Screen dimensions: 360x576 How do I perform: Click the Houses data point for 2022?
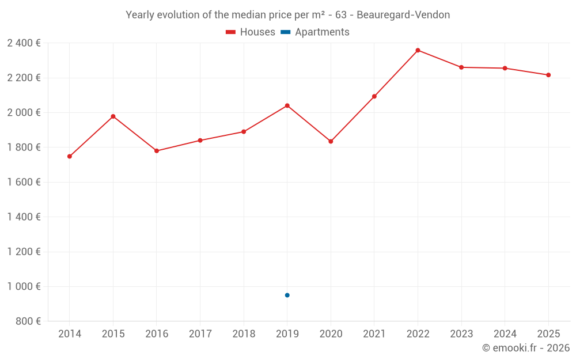[418, 50]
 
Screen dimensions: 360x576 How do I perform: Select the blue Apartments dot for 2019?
[287, 295]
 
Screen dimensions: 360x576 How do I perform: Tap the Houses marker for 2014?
[70, 156]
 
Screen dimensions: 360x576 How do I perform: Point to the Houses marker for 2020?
[331, 141]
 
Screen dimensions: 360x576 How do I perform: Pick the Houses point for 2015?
[113, 116]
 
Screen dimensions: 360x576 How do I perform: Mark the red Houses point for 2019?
[287, 105]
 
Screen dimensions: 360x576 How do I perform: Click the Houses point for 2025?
[548, 75]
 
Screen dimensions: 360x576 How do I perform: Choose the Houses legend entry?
[251, 32]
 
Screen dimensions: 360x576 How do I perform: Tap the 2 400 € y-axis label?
[24, 43]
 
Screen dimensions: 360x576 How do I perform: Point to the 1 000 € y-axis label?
[24, 286]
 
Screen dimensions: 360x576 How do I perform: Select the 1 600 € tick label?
[24, 182]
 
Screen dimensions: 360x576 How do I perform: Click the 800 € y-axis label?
[27, 321]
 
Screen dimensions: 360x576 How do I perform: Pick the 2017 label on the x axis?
[200, 334]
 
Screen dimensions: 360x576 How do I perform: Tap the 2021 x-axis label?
[374, 334]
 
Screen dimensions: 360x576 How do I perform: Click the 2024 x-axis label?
[505, 334]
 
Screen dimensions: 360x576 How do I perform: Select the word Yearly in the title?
[139, 14]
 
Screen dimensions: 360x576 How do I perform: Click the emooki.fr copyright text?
[526, 348]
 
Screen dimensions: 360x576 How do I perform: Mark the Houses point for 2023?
[461, 67]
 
